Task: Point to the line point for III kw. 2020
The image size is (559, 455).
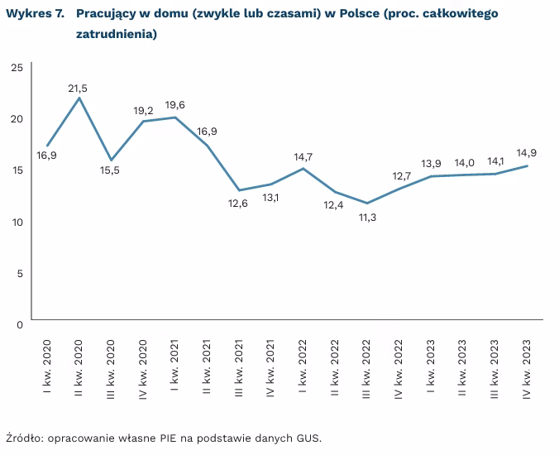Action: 111,160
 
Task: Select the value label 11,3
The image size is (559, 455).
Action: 366,218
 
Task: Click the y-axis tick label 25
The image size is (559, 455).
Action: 17,67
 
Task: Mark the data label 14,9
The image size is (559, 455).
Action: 528,153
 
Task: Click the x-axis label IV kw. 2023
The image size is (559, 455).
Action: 528,368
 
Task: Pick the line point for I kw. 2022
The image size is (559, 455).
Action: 303,168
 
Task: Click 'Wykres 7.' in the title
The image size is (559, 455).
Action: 36,15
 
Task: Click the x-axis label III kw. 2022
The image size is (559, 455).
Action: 367,368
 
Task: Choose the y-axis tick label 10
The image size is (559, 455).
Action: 17,222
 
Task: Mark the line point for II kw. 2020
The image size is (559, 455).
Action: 79,98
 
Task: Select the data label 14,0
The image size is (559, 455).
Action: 464,163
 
